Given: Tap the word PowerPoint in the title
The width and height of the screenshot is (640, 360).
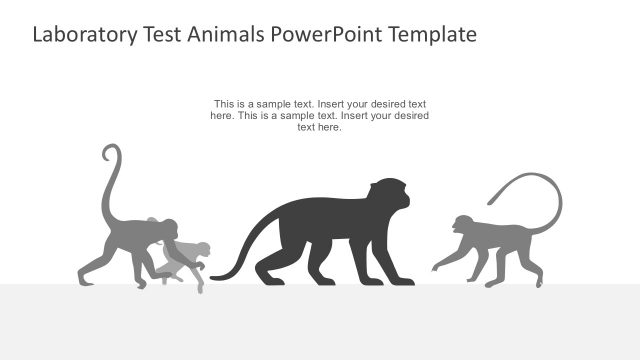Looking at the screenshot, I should point(327,35).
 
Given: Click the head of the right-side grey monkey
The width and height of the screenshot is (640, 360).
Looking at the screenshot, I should point(463,225).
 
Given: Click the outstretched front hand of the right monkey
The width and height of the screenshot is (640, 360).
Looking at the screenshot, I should point(435,268).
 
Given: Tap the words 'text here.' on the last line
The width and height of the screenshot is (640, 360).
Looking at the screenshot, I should point(320,127).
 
